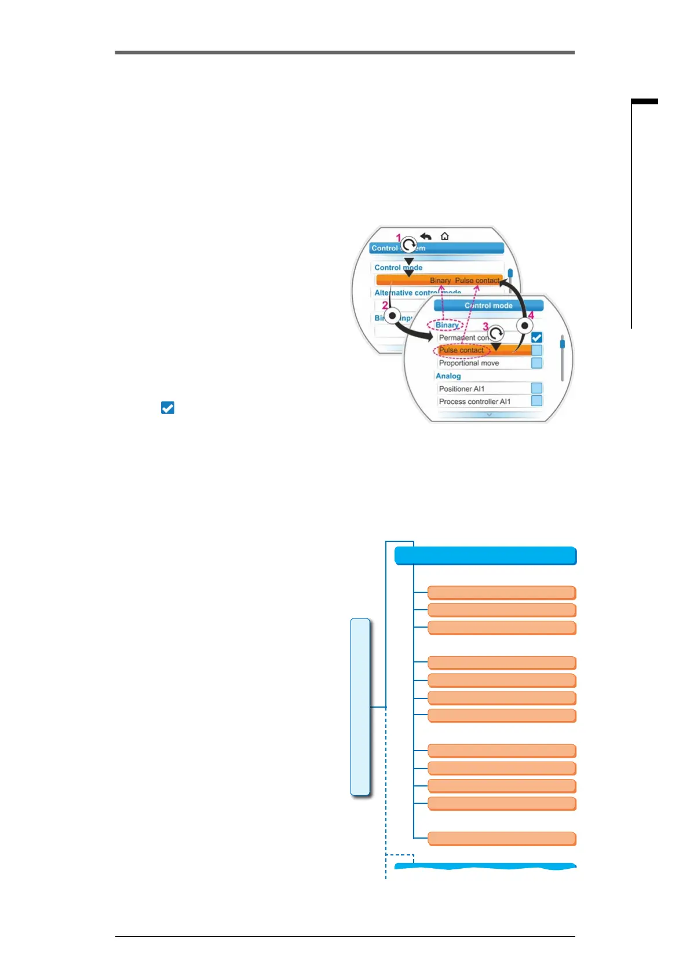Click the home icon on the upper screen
444,236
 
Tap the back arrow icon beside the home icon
426,236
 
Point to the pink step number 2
385,305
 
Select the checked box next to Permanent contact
536,337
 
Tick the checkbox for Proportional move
536,363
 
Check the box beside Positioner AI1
536,388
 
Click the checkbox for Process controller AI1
536,401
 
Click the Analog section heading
448,376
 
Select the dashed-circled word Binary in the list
447,325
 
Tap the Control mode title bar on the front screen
488,305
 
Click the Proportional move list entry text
469,363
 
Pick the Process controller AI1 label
474,402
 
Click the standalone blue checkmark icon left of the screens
167,408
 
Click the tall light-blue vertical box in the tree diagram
360,707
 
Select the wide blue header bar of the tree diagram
485,556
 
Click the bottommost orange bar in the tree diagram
502,839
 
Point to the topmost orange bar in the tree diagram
502,592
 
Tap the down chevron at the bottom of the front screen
489,415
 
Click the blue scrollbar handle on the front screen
562,344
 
